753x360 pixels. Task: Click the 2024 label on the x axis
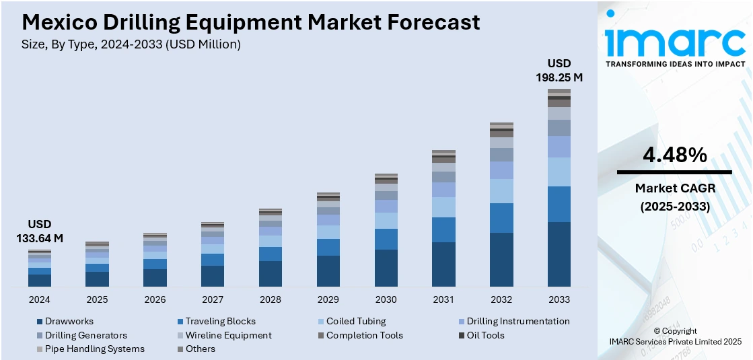coord(39,299)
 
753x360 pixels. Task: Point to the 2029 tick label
coord(328,299)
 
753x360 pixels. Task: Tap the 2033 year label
coord(559,299)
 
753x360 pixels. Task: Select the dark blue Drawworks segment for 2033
coord(559,254)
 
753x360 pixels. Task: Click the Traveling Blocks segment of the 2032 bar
coord(501,218)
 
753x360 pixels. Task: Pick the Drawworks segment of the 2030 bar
coord(386,268)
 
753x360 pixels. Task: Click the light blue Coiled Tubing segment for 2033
coord(559,172)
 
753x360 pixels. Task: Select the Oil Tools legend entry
coord(485,335)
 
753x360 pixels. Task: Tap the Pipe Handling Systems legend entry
coord(94,349)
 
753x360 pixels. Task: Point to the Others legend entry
coord(201,349)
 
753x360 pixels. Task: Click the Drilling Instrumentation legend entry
coord(517,322)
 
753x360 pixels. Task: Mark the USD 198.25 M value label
coord(559,71)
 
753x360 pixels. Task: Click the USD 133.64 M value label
coord(39,231)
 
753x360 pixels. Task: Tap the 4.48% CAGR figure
coord(674,155)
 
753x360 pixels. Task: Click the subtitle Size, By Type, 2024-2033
coord(131,44)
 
